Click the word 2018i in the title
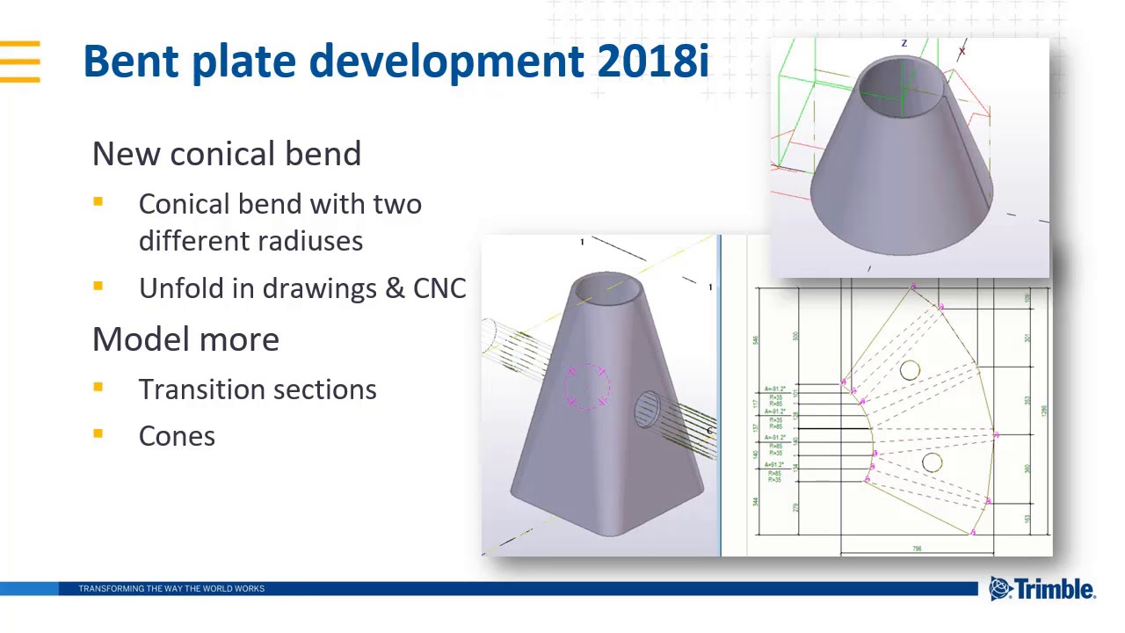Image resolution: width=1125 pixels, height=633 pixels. point(652,62)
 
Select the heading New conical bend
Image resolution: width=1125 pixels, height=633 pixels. point(227,154)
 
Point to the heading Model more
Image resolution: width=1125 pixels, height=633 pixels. point(185,339)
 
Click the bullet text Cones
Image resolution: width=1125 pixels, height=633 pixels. point(177,436)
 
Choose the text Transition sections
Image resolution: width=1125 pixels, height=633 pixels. point(258,389)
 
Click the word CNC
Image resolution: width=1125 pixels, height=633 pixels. point(439,288)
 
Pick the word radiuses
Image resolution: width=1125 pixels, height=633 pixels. point(307,241)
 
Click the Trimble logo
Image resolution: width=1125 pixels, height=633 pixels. point(1042,588)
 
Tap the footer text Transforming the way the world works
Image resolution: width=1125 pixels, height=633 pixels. point(171,588)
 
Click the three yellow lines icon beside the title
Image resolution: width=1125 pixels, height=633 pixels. point(20,62)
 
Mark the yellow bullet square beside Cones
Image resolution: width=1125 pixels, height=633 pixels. point(98,433)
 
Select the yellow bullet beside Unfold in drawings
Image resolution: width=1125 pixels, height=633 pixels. point(98,286)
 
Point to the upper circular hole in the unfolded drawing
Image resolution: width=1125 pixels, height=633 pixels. point(910,371)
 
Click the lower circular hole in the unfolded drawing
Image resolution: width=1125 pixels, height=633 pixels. point(932,462)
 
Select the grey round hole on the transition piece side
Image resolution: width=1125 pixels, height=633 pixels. point(646,409)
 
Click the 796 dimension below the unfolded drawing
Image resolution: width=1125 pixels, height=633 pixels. point(917,549)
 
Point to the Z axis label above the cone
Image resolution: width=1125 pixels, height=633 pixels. point(904,43)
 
